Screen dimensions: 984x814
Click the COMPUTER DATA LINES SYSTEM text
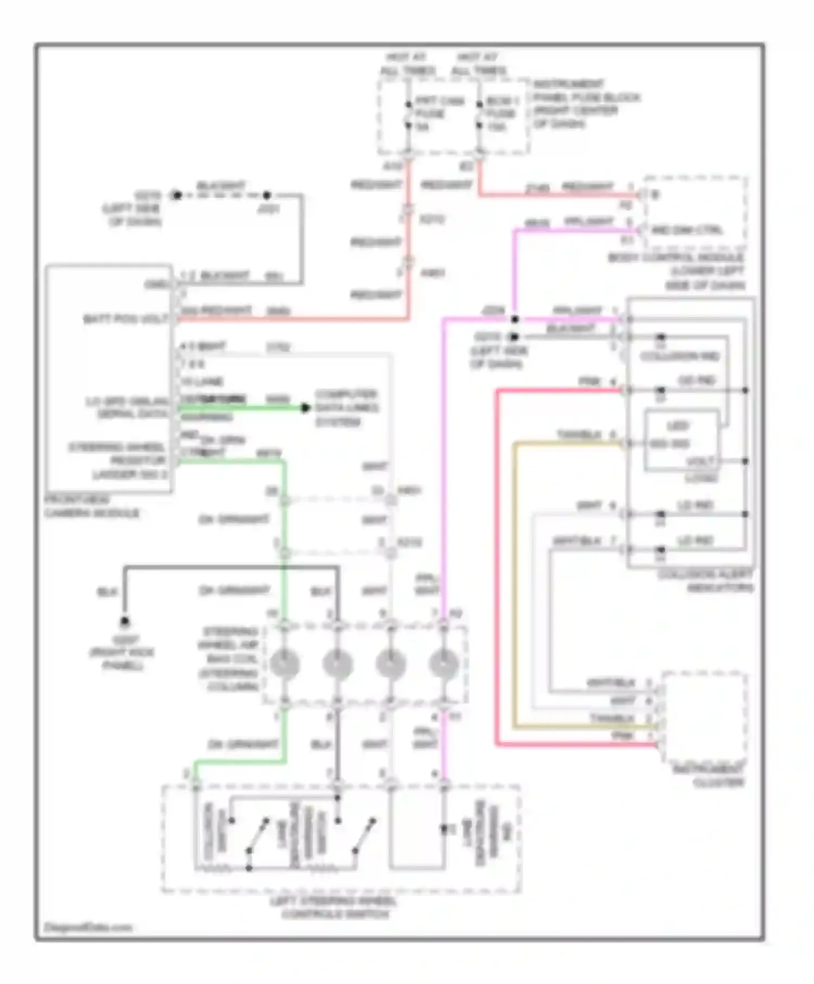click(346, 408)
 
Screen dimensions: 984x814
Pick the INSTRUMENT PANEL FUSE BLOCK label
click(585, 104)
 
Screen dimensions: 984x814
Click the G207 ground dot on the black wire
click(125, 621)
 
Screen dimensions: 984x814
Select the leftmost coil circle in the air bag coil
click(284, 664)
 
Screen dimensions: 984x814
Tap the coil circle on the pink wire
click(443, 664)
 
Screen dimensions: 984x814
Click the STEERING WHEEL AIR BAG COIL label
click(231, 659)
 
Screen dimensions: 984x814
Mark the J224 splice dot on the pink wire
click(515, 319)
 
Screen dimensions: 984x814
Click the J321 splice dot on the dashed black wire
click(266, 195)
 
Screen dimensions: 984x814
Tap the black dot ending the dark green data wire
click(306, 408)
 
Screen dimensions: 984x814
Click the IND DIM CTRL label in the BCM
click(686, 230)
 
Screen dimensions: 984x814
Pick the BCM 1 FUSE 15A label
click(501, 114)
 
